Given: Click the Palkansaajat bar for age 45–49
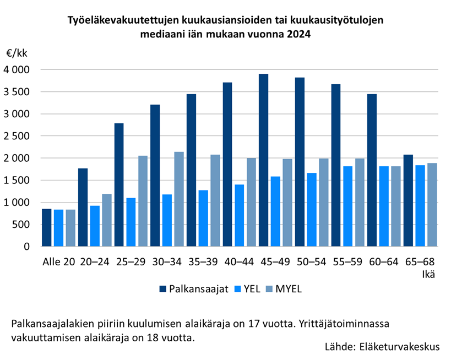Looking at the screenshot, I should (263, 160).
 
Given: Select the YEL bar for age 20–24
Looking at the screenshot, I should (95, 226).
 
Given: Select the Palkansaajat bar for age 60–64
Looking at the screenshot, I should (372, 170).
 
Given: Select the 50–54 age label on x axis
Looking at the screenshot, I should (311, 261).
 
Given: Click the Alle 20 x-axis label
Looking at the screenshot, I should (58, 261).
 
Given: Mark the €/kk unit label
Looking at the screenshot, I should (17, 53).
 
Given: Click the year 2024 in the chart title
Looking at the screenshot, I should (298, 34).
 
